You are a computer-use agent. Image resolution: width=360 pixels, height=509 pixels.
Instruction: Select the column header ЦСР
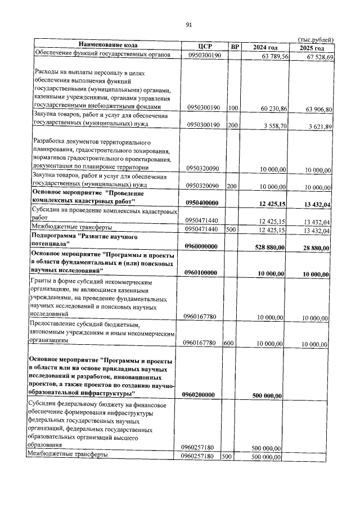click(x=204, y=47)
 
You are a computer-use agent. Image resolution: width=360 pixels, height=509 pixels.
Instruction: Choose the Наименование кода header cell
click(x=107, y=45)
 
